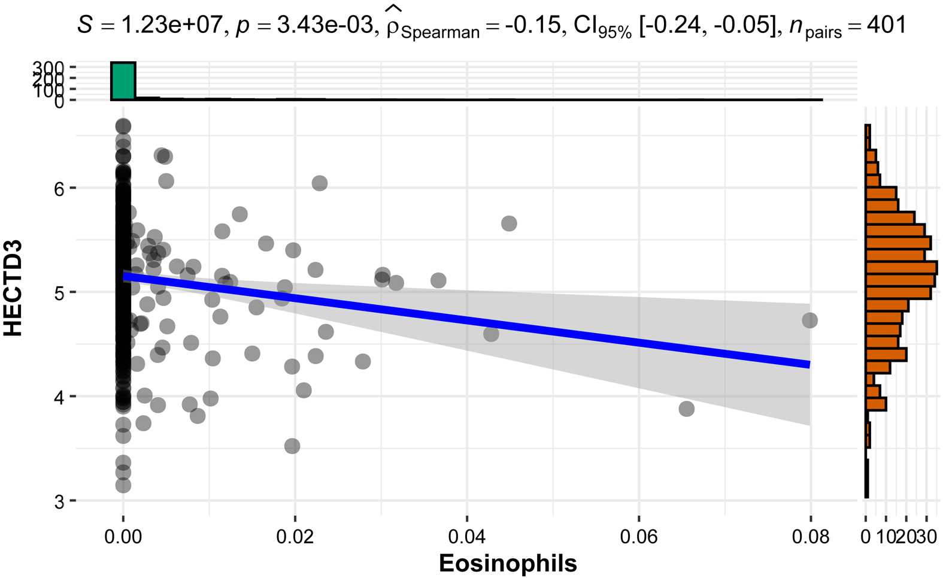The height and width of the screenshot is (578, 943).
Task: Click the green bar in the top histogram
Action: coord(123,81)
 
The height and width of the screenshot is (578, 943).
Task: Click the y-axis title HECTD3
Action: coord(13,288)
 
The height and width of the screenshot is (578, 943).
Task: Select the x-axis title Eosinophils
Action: coord(508,564)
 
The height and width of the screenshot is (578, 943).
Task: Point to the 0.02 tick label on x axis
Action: coord(295,536)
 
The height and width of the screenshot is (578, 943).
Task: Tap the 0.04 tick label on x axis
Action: coord(466,536)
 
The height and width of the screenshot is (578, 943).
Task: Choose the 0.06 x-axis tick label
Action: coord(638,536)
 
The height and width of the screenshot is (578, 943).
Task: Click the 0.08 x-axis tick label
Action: coord(810,536)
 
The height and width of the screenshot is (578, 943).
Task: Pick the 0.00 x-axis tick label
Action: coord(123,536)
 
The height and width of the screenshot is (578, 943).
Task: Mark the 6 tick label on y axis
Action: coord(59,189)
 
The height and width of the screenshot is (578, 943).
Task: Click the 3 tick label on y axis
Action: coord(59,501)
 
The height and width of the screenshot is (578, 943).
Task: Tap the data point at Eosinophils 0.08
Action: coord(809,320)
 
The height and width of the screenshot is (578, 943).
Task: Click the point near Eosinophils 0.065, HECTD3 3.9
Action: coord(686,408)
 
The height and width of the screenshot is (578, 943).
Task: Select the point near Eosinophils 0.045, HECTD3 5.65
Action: coord(509,223)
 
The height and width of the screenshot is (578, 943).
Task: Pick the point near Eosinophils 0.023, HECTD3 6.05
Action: coord(320,183)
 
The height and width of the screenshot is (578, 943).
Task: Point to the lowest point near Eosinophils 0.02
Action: coord(292,446)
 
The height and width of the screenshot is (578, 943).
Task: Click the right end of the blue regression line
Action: coord(808,364)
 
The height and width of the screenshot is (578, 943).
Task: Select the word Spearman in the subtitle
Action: coord(440,32)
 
